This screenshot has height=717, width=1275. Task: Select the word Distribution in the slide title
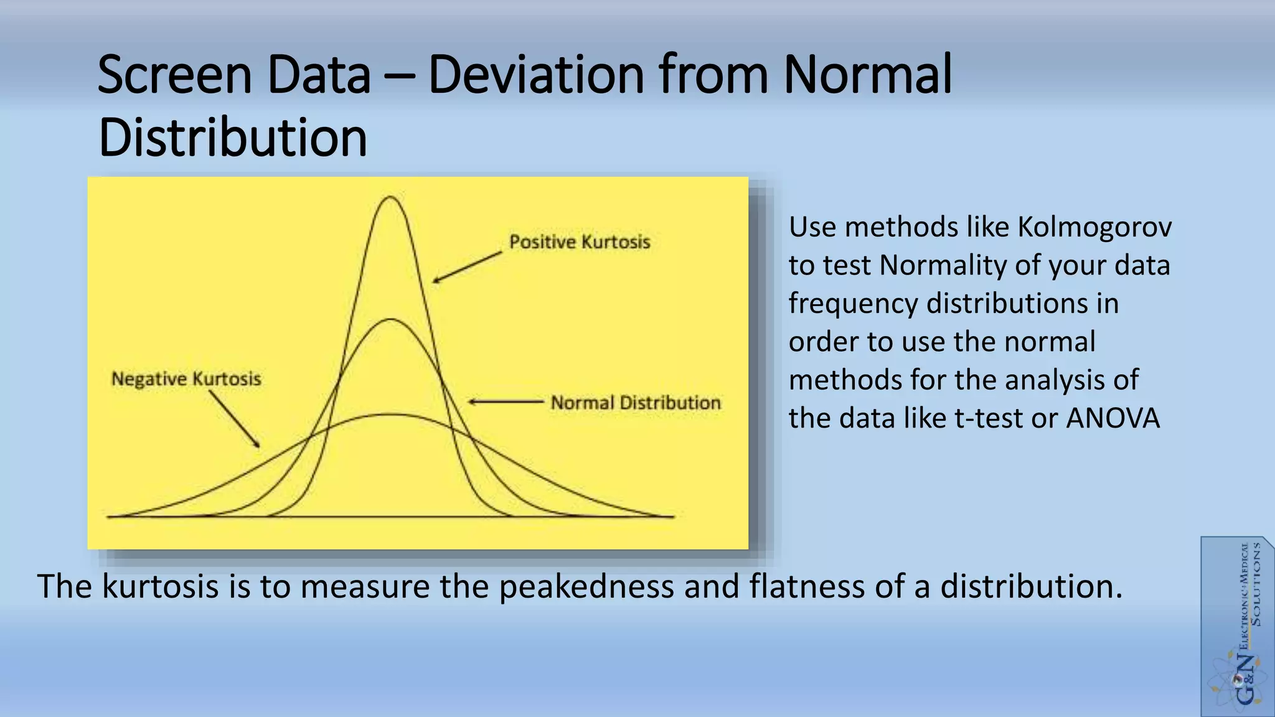click(233, 138)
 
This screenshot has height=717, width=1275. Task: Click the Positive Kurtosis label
click(579, 242)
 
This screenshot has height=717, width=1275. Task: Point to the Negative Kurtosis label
click(186, 379)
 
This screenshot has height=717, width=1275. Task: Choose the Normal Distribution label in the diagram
click(635, 403)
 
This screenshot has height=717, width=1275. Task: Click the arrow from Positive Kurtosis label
click(467, 267)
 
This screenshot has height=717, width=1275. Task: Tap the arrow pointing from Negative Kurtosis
click(234, 419)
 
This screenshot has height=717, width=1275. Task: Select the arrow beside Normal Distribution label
click(506, 402)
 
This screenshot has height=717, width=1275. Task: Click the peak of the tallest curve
click(390, 198)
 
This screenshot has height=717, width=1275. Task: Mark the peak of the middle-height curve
click(390, 320)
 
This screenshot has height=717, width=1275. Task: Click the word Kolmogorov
click(1094, 227)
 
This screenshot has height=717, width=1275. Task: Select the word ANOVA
click(1113, 418)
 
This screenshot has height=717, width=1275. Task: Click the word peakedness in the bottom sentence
click(586, 586)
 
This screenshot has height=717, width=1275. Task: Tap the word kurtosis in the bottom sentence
click(160, 586)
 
